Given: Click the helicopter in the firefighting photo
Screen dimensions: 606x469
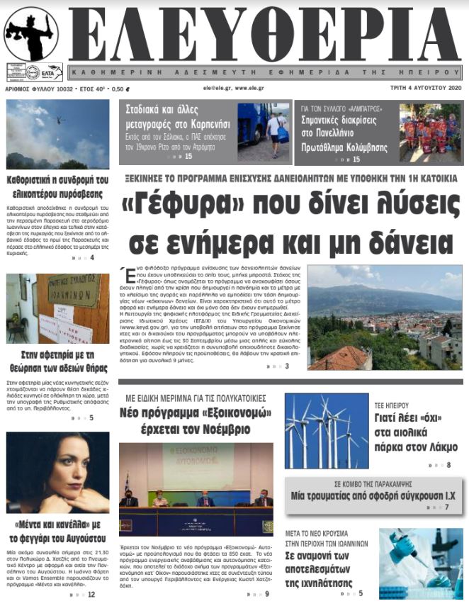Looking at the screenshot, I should click(57, 120).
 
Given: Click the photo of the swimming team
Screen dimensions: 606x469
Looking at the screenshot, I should click(429, 133).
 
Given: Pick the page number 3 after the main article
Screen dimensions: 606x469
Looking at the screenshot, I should click(287, 366).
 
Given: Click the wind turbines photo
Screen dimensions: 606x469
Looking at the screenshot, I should click(326, 432).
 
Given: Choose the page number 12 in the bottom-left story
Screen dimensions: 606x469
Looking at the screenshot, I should click(91, 594).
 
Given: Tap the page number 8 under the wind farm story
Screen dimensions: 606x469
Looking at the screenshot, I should click(448, 465).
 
